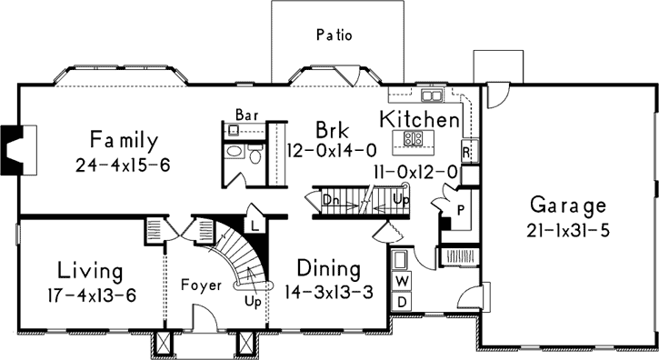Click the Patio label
[334, 35]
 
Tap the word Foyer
[201, 285]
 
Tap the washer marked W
[402, 279]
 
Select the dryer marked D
[402, 301]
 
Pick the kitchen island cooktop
[413, 139]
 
